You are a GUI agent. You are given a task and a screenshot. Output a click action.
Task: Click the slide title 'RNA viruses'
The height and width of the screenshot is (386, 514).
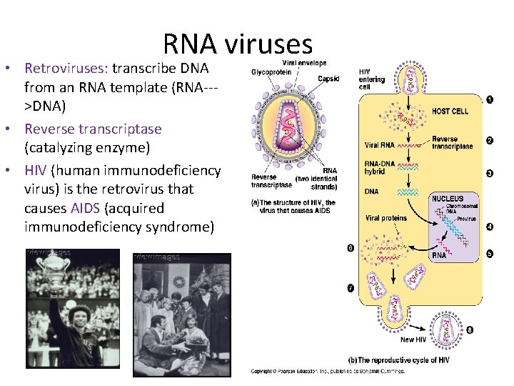click(x=238, y=44)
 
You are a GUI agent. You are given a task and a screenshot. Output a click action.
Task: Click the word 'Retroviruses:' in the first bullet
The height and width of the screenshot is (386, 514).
click(x=65, y=69)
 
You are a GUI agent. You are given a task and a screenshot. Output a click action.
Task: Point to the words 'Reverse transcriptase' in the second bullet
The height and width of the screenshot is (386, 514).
click(x=93, y=129)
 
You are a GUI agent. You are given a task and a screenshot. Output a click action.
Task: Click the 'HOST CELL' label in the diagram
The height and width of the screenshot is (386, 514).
click(x=450, y=112)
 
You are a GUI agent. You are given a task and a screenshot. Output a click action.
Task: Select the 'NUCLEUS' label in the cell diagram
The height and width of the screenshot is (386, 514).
click(x=447, y=199)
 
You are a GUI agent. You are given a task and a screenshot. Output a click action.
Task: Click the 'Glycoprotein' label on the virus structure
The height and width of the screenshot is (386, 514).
click(x=272, y=71)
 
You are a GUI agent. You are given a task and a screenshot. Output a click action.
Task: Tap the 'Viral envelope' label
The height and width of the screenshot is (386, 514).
click(x=289, y=62)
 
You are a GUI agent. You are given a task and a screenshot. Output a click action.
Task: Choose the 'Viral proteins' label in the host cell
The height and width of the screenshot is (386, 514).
click(x=386, y=218)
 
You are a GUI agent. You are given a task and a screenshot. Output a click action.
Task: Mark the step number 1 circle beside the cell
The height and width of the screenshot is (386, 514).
click(x=489, y=100)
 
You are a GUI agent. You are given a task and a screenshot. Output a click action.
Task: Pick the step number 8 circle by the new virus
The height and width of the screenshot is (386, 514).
click(x=470, y=330)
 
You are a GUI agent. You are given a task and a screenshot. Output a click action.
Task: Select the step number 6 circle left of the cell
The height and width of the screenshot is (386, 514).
click(x=350, y=248)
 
